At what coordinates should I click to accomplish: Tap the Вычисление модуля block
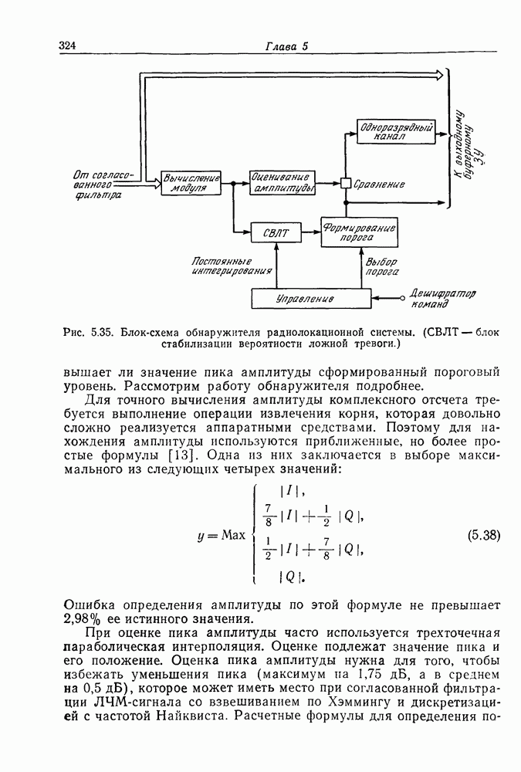click(190, 183)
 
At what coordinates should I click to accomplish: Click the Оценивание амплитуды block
click(281, 183)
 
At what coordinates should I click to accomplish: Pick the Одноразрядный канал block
click(394, 131)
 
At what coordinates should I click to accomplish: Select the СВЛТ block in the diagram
click(276, 232)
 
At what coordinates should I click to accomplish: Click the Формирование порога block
click(359, 232)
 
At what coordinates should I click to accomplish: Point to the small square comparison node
click(345, 184)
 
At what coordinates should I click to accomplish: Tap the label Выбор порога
click(381, 266)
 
